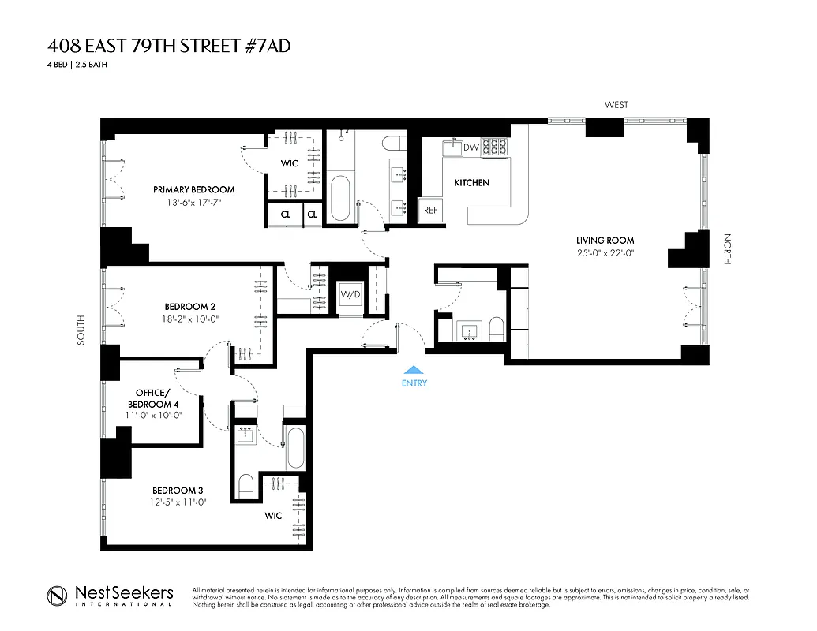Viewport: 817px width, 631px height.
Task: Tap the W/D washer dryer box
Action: pos(350,295)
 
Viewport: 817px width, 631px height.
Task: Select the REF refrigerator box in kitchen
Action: pos(430,210)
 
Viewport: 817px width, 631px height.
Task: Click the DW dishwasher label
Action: pos(471,147)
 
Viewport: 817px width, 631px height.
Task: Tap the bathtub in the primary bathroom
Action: pos(340,197)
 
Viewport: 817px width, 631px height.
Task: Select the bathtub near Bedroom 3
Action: pos(295,449)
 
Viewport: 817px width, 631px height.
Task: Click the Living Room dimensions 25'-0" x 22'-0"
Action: pos(605,253)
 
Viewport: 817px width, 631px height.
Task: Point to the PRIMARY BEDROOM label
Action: pos(193,189)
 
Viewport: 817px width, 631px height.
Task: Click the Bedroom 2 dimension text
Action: pos(190,319)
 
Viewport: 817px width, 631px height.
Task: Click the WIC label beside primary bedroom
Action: pos(290,164)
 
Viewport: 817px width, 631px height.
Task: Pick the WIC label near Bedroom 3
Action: pos(273,516)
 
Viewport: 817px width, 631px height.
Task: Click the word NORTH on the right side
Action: pos(727,248)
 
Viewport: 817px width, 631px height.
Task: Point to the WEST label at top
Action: pos(616,105)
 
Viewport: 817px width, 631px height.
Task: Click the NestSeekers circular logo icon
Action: pos(56,596)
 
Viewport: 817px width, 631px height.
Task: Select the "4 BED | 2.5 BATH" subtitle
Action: pos(77,65)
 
